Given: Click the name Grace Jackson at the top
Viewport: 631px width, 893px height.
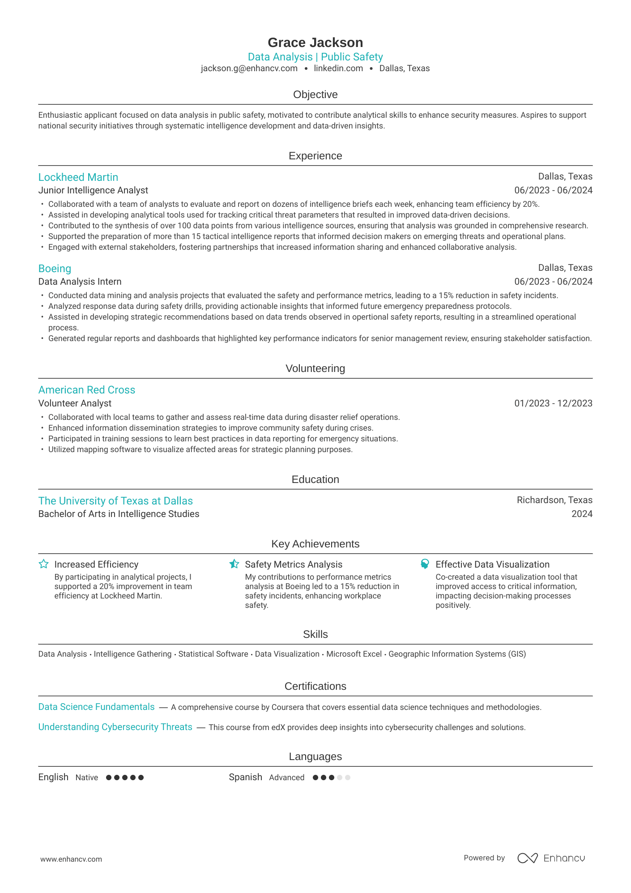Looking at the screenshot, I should pos(315,43).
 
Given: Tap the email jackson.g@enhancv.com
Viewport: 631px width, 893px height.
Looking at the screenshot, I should pos(249,68).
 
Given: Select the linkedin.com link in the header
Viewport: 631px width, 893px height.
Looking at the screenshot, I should pos(338,68).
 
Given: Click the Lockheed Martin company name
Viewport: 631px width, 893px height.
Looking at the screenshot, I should pos(78,177).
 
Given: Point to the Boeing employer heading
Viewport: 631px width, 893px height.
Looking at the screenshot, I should pos(55,269).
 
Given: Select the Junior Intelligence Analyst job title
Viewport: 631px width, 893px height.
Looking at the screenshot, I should pos(93,190).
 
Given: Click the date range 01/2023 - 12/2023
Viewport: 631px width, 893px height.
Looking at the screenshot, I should pos(553,403).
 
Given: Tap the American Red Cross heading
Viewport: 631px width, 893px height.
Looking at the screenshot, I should pos(87,390).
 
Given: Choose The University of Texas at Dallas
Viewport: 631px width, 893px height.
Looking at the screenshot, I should pos(115,501).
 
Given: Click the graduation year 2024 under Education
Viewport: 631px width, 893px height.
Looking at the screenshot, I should pos(582,514).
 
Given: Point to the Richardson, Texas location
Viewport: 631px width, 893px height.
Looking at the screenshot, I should pos(554,500).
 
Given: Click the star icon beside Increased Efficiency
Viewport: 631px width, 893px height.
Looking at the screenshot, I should pos(43,564).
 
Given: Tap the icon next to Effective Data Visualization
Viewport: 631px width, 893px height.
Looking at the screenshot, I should pos(425,564).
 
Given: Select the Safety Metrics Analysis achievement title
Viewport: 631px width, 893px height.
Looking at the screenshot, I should pos(294,564).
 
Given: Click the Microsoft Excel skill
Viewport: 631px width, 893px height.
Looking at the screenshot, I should pos(354,654).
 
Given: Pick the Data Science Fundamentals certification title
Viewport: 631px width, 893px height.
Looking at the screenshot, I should pos(96,707).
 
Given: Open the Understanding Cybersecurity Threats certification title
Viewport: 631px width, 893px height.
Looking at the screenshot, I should pos(115,727).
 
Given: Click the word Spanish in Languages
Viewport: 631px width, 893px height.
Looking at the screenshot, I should pos(245,777).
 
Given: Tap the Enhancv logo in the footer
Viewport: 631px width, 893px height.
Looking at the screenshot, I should pos(551,858).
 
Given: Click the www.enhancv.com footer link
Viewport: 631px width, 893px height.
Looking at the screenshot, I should pos(71,859).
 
